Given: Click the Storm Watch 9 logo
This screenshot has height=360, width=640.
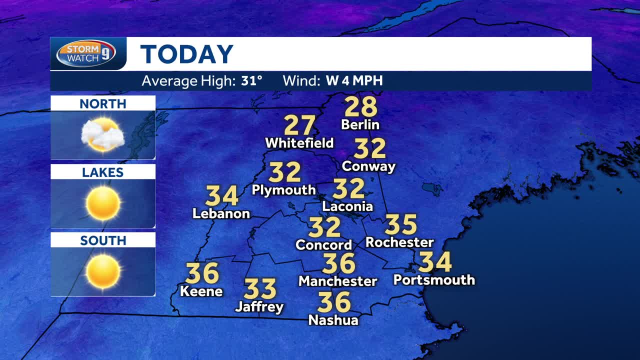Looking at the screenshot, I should [x=86, y=53].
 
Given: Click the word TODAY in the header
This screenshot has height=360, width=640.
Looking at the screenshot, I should [x=186, y=54].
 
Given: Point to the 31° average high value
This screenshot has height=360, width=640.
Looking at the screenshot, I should [x=251, y=80].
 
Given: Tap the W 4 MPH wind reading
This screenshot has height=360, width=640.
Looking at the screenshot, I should [x=354, y=80].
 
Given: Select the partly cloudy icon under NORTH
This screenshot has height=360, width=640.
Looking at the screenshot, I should [x=102, y=134].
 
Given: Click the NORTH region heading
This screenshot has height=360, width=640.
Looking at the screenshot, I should [x=103, y=104].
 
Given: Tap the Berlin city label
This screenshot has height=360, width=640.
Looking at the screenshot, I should [x=360, y=124].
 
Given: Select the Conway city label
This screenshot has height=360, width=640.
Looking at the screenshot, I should [x=368, y=166].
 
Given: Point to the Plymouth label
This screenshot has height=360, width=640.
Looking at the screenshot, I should [x=283, y=190].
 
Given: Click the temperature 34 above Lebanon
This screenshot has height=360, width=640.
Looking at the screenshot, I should [x=221, y=196].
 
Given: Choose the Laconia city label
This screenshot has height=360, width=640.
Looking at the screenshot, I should [x=347, y=206].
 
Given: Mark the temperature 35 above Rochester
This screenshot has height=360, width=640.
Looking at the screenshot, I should [x=400, y=225].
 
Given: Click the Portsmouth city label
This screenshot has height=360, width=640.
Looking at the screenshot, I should [x=434, y=279].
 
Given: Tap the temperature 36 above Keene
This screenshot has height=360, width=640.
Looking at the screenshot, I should [x=202, y=273].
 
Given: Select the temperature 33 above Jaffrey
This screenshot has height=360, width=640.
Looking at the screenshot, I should [x=260, y=289].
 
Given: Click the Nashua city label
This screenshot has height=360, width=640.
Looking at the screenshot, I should [x=333, y=320].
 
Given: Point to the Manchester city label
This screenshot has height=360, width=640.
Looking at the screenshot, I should [x=337, y=281].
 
